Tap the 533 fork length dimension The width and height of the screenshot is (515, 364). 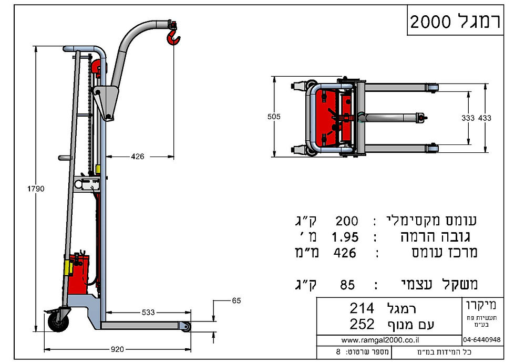click(x=148, y=313)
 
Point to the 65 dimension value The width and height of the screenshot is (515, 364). click(x=236, y=300)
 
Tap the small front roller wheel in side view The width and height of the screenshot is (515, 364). click(x=186, y=327)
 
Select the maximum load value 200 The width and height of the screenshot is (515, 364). click(x=347, y=221)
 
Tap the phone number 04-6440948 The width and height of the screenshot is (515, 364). click(x=482, y=340)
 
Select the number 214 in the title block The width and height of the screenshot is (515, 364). click(x=362, y=308)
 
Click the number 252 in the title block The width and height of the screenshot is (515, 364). click(x=362, y=324)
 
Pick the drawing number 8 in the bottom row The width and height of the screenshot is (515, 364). click(x=337, y=351)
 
